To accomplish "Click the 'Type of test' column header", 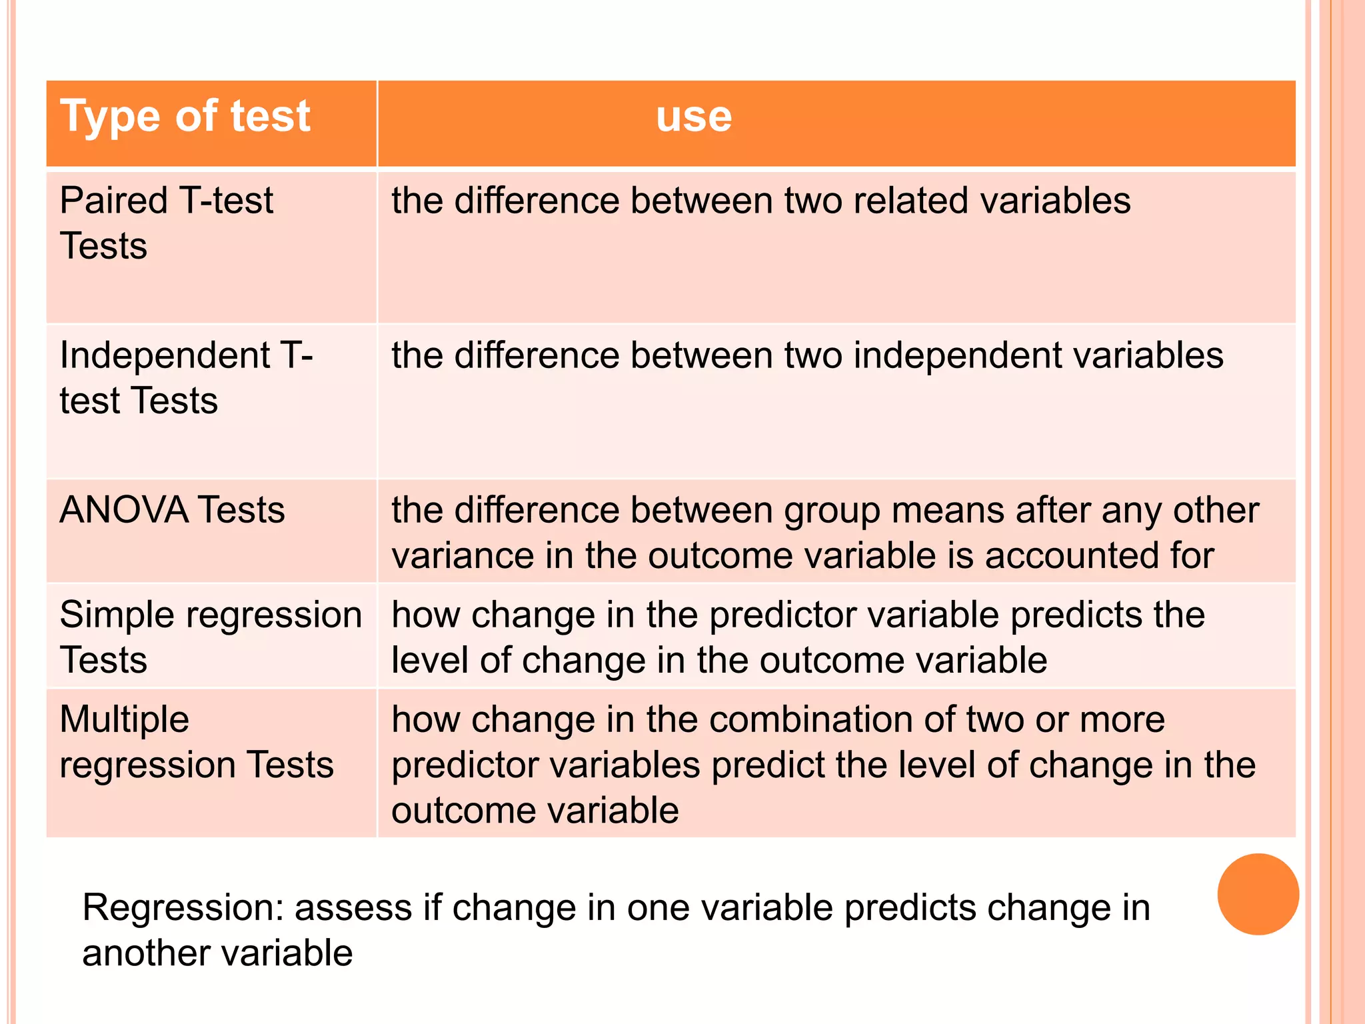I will (185, 117).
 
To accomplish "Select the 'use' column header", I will (694, 117).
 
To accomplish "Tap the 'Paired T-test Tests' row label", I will (167, 223).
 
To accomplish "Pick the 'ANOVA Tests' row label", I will (172, 510).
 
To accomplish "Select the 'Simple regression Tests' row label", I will (211, 637).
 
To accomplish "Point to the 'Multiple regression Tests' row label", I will (196, 741).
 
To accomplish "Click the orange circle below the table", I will (1258, 894).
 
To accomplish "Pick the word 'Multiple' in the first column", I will (125, 720).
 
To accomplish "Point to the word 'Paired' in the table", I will (113, 201).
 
